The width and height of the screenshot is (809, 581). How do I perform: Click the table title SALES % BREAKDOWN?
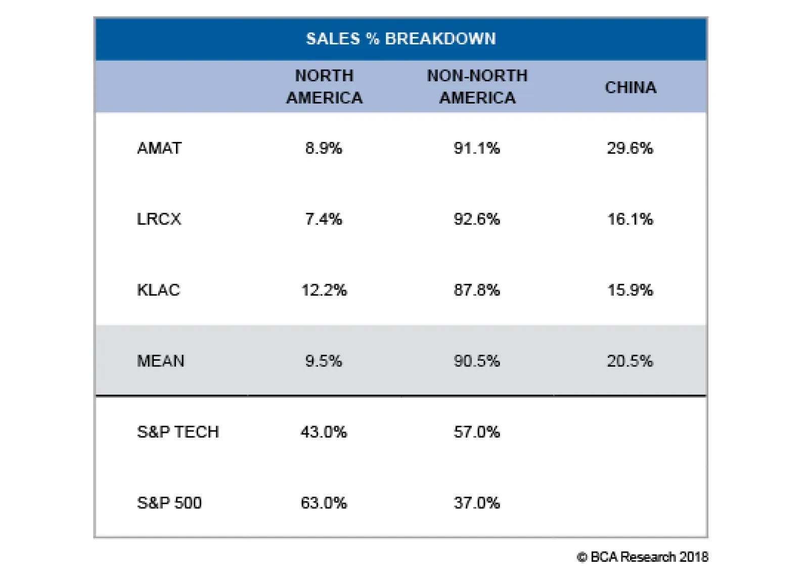coord(401,38)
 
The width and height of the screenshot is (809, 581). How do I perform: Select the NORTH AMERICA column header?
coord(324,86)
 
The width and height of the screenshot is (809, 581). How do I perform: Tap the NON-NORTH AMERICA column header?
coord(477,86)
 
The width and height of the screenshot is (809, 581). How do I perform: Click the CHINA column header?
coord(631,87)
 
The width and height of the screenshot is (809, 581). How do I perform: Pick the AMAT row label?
coord(159,148)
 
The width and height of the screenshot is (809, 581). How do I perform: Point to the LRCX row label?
coord(159,219)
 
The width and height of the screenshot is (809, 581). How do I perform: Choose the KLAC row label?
coord(158,290)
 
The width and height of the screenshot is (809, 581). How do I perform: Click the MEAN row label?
coord(161,361)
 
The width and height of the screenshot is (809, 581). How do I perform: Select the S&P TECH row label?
coord(178,431)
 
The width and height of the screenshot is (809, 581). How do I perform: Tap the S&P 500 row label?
coord(169,503)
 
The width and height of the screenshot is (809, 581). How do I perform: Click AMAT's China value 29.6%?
coord(630,148)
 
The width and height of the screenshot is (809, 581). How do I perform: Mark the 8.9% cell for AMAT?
coord(324,148)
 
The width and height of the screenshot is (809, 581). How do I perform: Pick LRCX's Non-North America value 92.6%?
coord(477,219)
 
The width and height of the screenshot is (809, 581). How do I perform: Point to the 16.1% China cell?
coord(630,219)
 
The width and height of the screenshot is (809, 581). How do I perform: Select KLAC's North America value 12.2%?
coord(324,290)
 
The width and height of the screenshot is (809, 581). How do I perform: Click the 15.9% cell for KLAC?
coord(630,290)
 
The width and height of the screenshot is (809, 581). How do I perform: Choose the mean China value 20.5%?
coord(630,361)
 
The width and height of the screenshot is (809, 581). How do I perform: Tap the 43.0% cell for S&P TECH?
coord(324,431)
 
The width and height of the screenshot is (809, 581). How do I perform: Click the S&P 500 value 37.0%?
coord(477,503)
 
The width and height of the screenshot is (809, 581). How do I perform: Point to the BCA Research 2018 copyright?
coord(643,557)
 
